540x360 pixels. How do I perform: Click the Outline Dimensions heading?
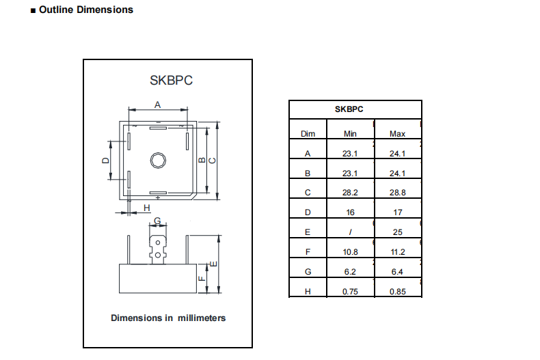[85, 10]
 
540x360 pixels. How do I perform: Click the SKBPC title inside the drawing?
[171, 80]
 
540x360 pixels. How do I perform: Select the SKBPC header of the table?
[349, 109]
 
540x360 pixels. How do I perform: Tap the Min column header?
[350, 134]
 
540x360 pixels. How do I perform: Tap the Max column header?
[397, 134]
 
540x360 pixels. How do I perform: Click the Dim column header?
[308, 134]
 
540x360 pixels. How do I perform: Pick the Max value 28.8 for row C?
[397, 193]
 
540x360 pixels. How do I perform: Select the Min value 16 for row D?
[350, 212]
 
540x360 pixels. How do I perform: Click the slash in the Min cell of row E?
[350, 232]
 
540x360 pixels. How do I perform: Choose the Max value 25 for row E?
[397, 232]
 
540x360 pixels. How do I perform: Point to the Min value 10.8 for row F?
[350, 252]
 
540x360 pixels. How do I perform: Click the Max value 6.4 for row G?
[397, 272]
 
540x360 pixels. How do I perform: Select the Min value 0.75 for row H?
[350, 292]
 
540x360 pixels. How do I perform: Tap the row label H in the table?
[308, 292]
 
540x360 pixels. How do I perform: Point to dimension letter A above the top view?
[157, 105]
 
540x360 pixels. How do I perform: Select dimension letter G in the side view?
[157, 221]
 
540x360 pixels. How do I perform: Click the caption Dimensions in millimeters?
[168, 318]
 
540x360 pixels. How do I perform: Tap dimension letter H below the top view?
[146, 208]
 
